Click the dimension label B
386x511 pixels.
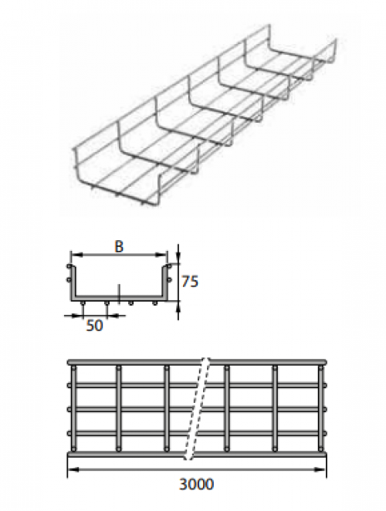(x=119, y=247)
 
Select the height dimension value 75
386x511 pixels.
(x=190, y=282)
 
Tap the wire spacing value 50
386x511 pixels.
(x=94, y=326)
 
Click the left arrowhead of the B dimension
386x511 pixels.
(x=76, y=255)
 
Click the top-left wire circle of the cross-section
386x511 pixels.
(x=69, y=266)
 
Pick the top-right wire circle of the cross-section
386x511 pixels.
(x=169, y=266)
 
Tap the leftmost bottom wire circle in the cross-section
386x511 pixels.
(x=83, y=303)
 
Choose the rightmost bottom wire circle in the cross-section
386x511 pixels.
(x=155, y=303)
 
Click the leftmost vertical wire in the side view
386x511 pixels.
(x=73, y=408)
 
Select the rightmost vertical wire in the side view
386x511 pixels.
(x=320, y=408)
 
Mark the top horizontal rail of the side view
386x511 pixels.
(x=197, y=362)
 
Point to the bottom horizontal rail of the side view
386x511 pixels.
(x=197, y=455)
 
